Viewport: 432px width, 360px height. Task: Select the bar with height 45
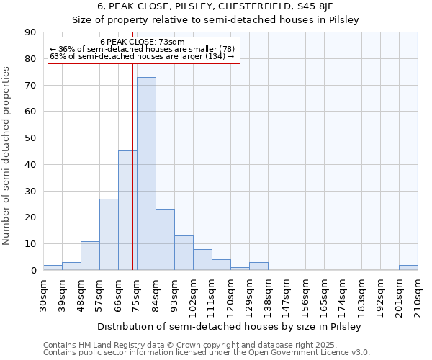coord(127,210)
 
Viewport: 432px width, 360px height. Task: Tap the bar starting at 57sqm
coord(109,234)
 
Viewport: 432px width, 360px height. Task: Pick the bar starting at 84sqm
coord(165,240)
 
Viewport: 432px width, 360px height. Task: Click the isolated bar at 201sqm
coord(408,268)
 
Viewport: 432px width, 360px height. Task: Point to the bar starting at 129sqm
coord(258,266)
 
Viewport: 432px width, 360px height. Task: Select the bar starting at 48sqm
coord(90,256)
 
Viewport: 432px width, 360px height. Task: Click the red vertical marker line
coord(132,166)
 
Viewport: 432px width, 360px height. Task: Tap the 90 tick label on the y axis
coord(30,32)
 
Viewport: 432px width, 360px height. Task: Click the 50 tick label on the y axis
coord(30,138)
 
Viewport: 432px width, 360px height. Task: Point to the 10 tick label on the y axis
coord(30,244)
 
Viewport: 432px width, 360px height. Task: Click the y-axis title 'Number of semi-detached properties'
coord(7,156)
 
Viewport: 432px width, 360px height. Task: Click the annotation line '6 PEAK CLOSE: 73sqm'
coord(143,42)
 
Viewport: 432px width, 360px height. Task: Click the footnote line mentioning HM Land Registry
coord(205,345)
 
